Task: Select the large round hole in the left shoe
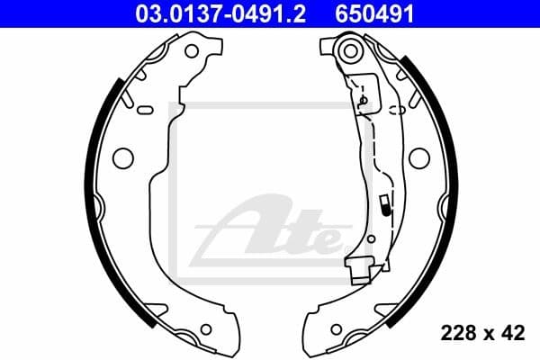click(121, 157)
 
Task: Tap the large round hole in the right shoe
click(417, 157)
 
